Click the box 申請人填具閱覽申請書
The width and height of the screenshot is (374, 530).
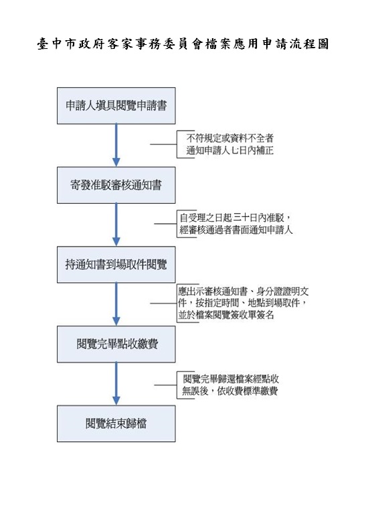pos(116,106)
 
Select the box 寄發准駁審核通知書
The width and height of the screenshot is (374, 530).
pos(116,185)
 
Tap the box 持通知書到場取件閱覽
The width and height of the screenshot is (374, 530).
pos(116,265)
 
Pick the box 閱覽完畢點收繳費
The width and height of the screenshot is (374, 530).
pos(116,344)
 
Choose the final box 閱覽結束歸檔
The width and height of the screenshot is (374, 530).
pos(116,423)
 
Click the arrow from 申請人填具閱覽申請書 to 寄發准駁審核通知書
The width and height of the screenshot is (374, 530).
pos(116,145)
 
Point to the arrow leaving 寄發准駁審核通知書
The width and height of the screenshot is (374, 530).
pos(116,224)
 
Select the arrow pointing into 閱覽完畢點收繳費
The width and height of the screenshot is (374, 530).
pos(116,304)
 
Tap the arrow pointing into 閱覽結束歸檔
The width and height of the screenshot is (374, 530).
pos(116,384)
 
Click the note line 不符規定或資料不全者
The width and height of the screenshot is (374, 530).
pos(230,138)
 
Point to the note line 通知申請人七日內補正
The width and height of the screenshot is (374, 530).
pos(230,150)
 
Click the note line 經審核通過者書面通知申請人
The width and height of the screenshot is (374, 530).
pos(236,230)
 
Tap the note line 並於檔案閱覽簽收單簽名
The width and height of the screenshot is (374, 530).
pos(226,315)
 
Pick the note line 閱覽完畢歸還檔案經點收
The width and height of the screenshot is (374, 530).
pos(231,379)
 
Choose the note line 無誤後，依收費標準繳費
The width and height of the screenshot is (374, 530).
pos(230,391)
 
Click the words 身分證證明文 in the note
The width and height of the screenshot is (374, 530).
pos(282,291)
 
